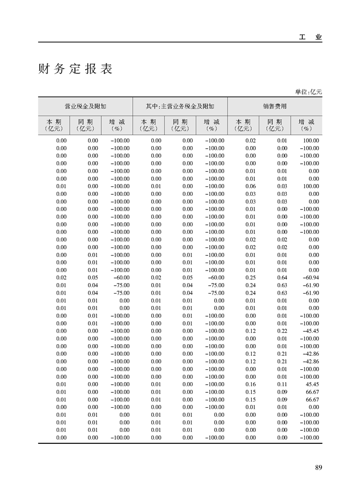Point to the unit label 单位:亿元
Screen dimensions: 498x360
(x=308, y=92)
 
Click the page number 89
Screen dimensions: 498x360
(x=318, y=467)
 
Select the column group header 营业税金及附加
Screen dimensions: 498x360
(x=85, y=106)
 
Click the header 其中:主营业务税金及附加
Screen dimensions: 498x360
(x=180, y=106)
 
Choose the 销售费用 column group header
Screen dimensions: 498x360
(x=275, y=106)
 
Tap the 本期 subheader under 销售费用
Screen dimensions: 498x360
(x=243, y=125)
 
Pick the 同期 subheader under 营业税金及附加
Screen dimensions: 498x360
(x=85, y=125)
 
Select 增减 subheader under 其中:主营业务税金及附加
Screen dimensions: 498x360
(x=212, y=125)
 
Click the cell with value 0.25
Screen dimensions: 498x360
(x=250, y=278)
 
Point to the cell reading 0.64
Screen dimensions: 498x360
(x=282, y=278)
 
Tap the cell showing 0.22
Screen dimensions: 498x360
(x=282, y=331)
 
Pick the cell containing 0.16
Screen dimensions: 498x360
(x=250, y=384)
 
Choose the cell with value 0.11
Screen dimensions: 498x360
(x=282, y=384)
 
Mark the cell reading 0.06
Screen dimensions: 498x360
(x=250, y=186)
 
